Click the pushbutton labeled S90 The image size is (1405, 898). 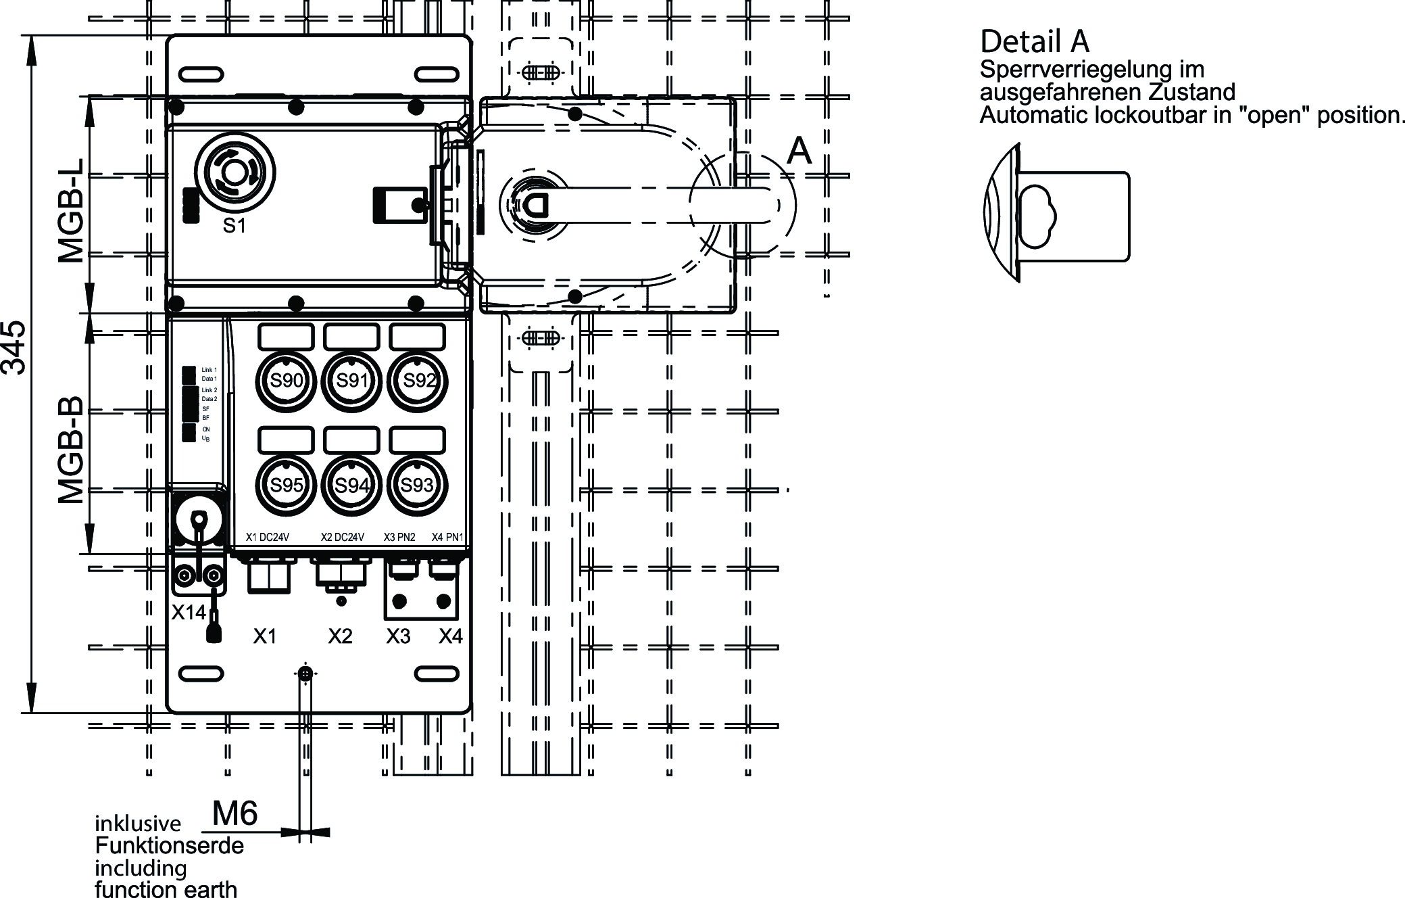[x=286, y=381]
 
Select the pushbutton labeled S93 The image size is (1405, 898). [x=417, y=485]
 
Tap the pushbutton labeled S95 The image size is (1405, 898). [x=286, y=486]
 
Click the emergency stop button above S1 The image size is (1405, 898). [x=235, y=174]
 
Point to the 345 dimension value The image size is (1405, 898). [x=15, y=348]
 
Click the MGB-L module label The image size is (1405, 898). [x=71, y=210]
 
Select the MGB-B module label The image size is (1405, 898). [x=71, y=450]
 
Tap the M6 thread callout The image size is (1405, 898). [x=235, y=813]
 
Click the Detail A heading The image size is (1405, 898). [x=1034, y=41]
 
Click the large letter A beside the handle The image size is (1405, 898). [x=799, y=150]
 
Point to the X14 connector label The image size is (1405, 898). [x=188, y=613]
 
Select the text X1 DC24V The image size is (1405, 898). [x=268, y=538]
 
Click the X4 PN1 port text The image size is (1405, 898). [x=447, y=538]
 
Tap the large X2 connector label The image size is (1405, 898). [x=341, y=636]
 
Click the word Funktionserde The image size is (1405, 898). [x=169, y=846]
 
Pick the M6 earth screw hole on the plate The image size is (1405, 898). [x=306, y=673]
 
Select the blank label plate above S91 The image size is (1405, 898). [x=351, y=336]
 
